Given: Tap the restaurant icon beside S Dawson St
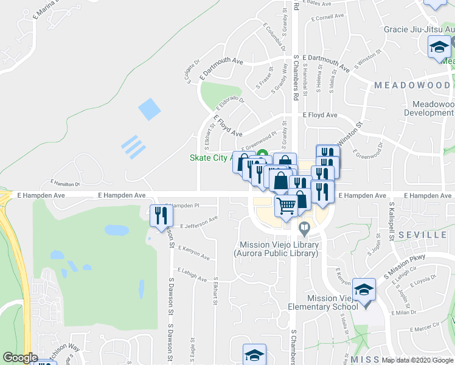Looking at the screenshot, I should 161,215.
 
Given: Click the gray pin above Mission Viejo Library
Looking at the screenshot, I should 305,228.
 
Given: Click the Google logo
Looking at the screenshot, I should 21,358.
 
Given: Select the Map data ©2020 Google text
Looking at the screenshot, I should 417,360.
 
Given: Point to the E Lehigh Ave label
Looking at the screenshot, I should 192,274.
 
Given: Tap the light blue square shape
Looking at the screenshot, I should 149,109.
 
